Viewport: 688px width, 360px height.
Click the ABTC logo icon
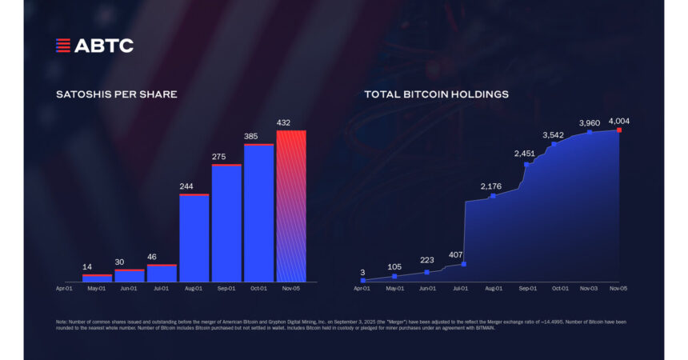point(63,46)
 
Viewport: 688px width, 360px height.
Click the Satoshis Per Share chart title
point(116,94)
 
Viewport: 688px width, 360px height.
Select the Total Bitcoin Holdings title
point(436,94)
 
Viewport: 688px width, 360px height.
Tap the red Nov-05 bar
point(290,206)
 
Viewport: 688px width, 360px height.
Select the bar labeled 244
point(194,238)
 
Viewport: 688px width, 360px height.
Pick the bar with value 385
point(258,213)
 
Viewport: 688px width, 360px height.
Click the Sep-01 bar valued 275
point(226,223)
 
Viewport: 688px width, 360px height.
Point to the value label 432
point(290,122)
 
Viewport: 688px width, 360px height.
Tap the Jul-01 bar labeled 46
point(162,273)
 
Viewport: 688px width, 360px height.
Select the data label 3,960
point(590,123)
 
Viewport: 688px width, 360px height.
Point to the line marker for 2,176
point(493,195)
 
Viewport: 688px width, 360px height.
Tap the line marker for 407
point(464,264)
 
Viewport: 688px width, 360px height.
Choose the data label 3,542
point(554,134)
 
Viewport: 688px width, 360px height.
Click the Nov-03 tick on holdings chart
point(589,288)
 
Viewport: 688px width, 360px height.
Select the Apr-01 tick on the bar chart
point(65,288)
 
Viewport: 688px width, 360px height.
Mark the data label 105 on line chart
point(394,266)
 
